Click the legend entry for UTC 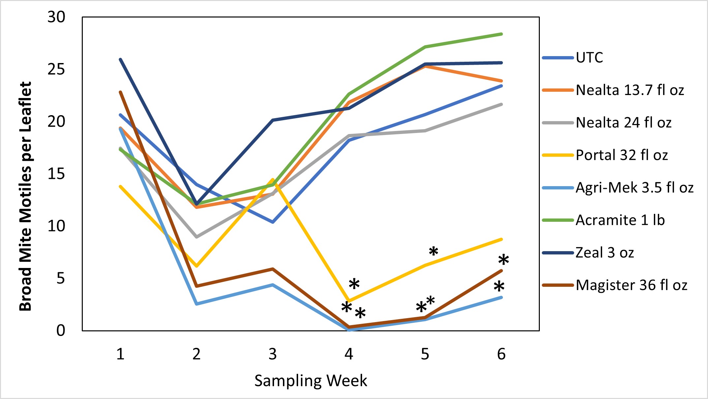pos(589,58)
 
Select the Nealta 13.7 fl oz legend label pos(630,90)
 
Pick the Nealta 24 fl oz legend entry pos(623,123)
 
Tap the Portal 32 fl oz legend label pos(622,155)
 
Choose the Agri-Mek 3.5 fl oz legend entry pos(634,188)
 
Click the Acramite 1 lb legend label pos(620,220)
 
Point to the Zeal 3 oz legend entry pos(604,253)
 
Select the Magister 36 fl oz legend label pos(631,285)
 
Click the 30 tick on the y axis pos(56,17)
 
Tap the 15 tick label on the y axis pos(56,174)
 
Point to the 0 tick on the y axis pos(61,330)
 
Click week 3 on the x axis pos(272,354)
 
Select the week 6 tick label pos(501,354)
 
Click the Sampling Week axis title pos(311,381)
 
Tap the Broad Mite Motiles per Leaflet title pos(25,196)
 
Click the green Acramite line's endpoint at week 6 pos(501,34)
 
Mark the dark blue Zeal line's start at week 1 pos(121,59)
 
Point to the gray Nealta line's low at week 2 pos(197,237)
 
